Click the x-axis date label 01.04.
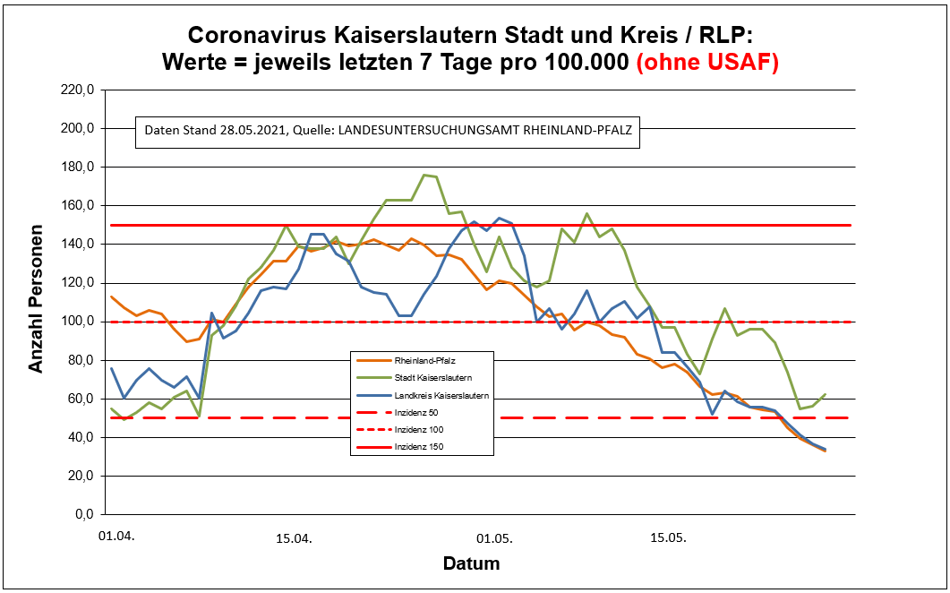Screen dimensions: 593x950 coord(116,537)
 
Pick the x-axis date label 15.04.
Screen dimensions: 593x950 coord(293,537)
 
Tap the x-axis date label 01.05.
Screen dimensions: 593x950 coord(493,537)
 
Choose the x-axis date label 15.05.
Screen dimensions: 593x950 coord(668,537)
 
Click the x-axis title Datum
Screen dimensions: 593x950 coord(471,563)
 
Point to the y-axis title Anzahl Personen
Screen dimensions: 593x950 coord(37,303)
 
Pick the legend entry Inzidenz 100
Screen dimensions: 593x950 coord(414,429)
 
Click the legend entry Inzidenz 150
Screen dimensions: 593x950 coord(414,446)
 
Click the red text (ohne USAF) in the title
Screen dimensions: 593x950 coord(706,62)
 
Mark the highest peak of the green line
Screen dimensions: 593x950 coord(424,175)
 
